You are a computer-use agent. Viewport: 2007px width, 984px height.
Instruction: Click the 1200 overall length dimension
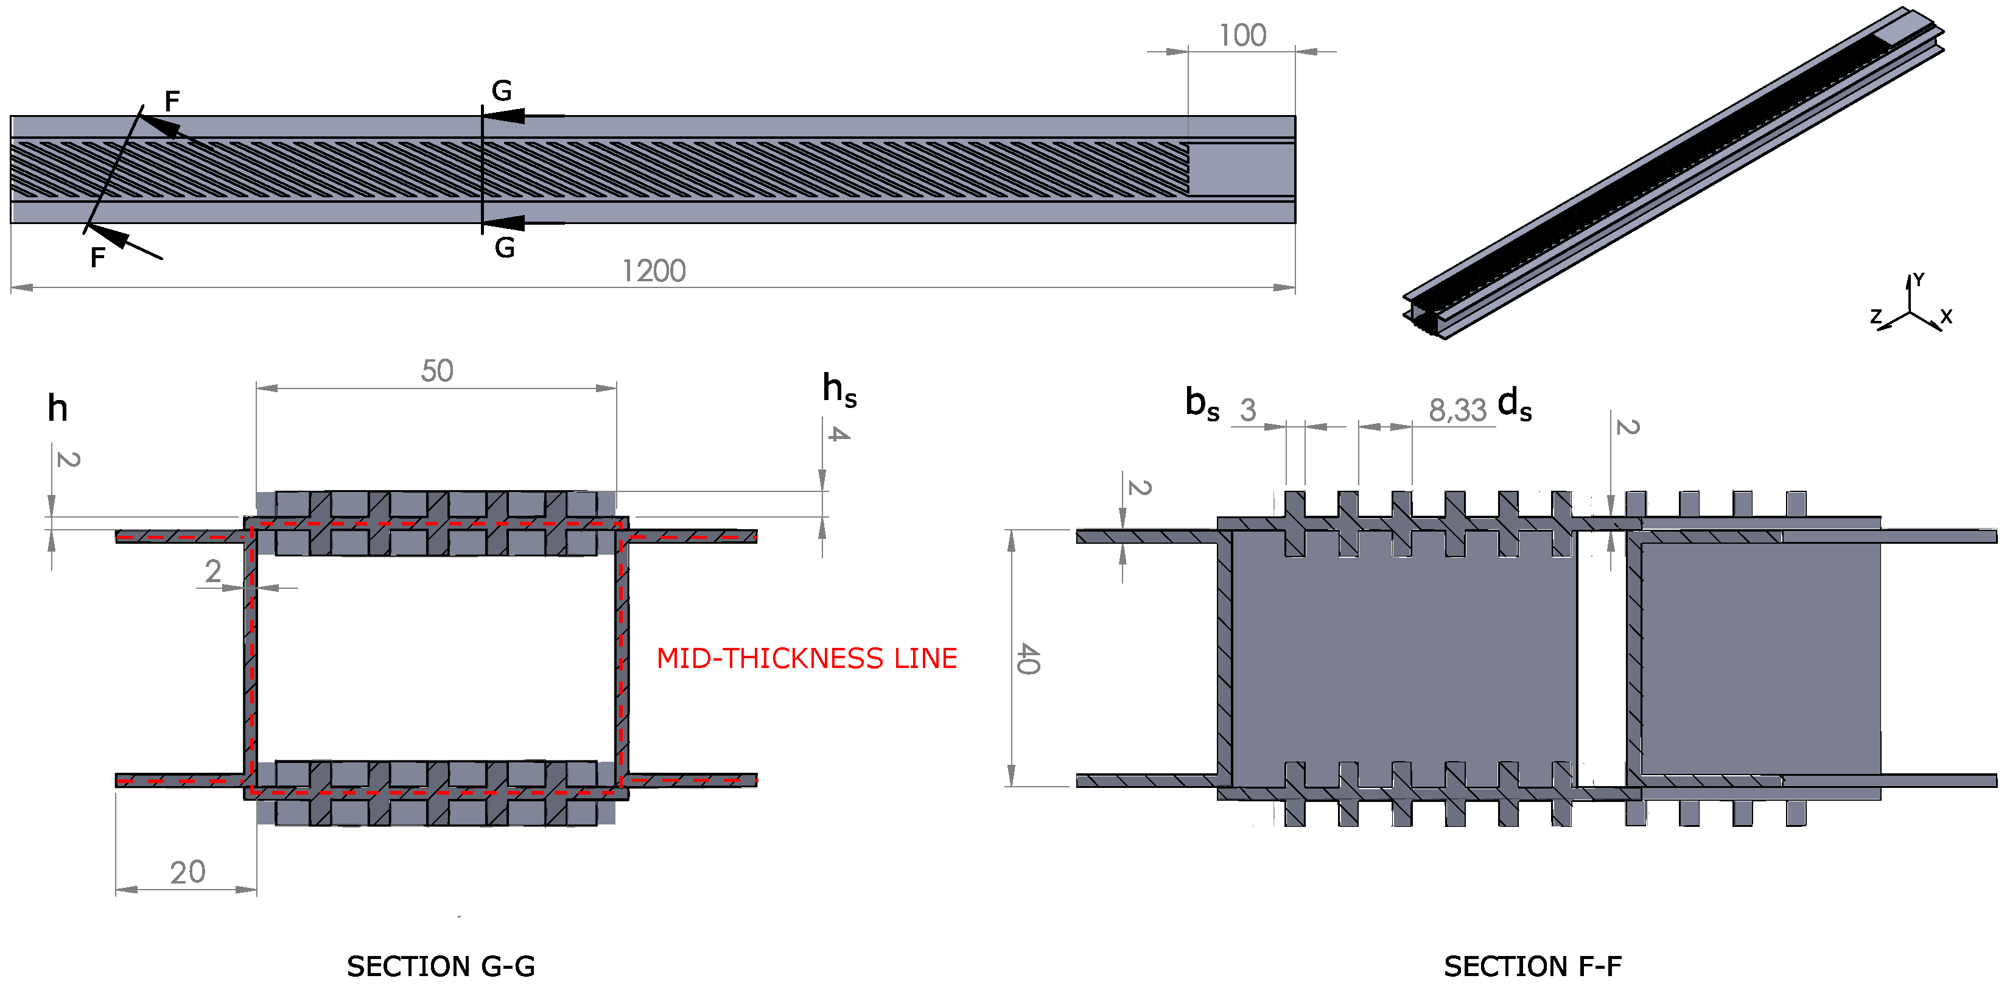653,271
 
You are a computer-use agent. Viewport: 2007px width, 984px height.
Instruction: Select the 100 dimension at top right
1242,36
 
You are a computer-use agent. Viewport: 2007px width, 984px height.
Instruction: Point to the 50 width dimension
436,371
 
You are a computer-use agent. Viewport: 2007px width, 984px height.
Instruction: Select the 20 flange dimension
187,872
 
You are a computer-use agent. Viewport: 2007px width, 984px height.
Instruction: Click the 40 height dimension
1028,658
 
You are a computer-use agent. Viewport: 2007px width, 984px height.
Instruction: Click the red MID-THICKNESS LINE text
807,658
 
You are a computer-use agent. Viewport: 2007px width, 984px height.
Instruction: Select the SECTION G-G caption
440,966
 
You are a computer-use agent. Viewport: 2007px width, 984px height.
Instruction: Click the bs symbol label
1202,404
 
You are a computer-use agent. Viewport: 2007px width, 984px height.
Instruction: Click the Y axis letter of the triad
1918,279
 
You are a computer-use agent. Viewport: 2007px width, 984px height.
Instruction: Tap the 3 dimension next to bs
1248,410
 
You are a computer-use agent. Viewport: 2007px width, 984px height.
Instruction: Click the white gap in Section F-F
1601,658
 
